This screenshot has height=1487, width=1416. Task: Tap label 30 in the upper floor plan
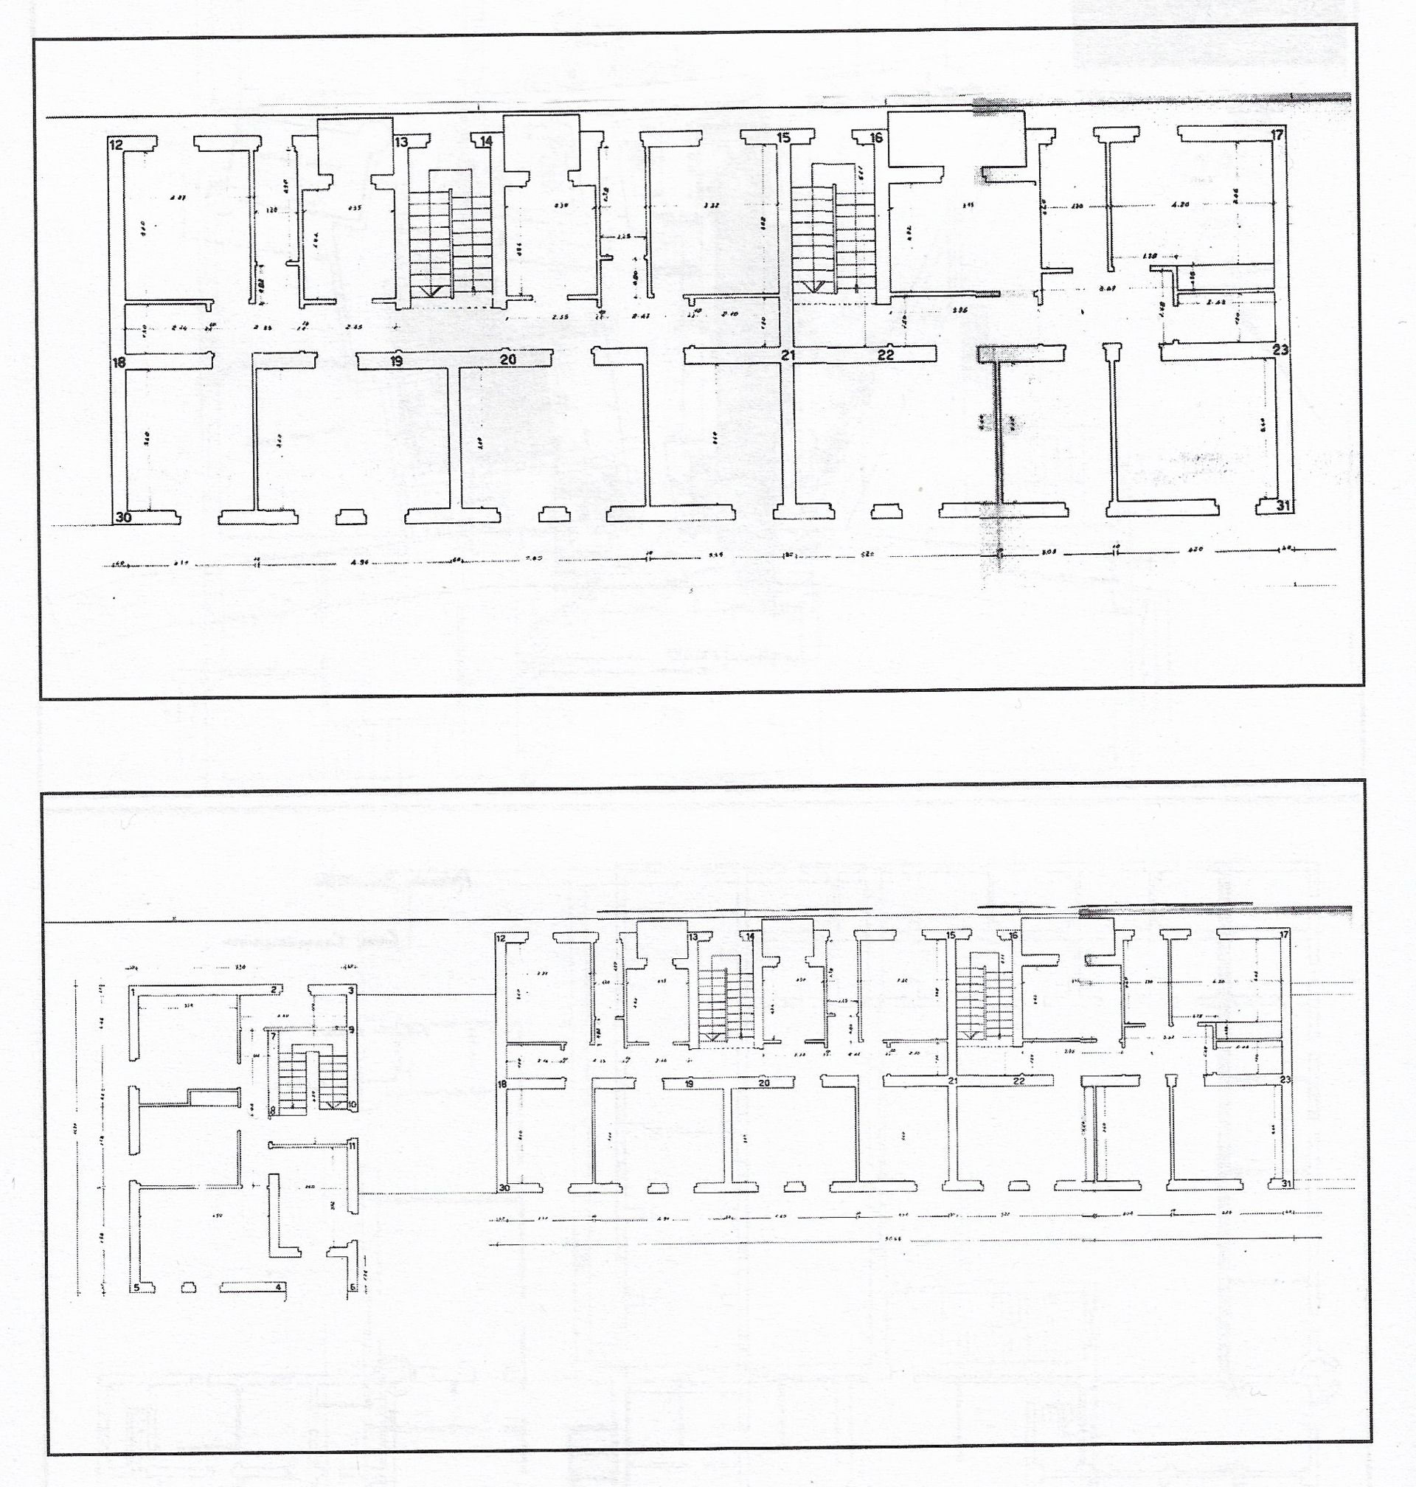pyautogui.click(x=123, y=517)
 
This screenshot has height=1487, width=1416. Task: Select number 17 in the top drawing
pyautogui.click(x=1277, y=136)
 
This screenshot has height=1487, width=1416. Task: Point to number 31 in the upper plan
pyautogui.click(x=1283, y=505)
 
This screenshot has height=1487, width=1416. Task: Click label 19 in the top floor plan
pyautogui.click(x=396, y=361)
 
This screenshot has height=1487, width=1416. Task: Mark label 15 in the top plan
pyautogui.click(x=783, y=137)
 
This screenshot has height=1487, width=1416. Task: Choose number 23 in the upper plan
pyautogui.click(x=1280, y=350)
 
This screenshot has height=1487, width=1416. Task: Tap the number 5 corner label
pyautogui.click(x=136, y=1288)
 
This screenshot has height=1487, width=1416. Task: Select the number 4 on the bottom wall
pyautogui.click(x=279, y=1287)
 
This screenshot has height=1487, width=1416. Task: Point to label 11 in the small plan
pyautogui.click(x=352, y=1145)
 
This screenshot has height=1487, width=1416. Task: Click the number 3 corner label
pyautogui.click(x=351, y=990)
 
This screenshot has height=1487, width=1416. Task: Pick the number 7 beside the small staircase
pyautogui.click(x=273, y=1036)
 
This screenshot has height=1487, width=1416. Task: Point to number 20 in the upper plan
pyautogui.click(x=508, y=360)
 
